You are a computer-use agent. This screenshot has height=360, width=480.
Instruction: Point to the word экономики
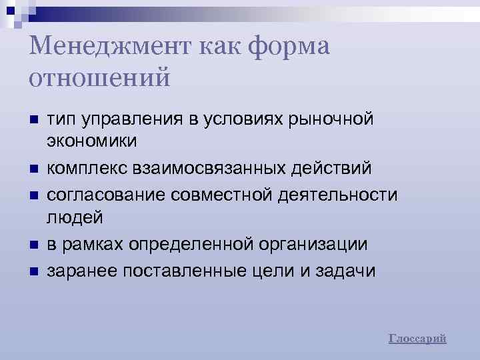[x=92, y=141]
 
